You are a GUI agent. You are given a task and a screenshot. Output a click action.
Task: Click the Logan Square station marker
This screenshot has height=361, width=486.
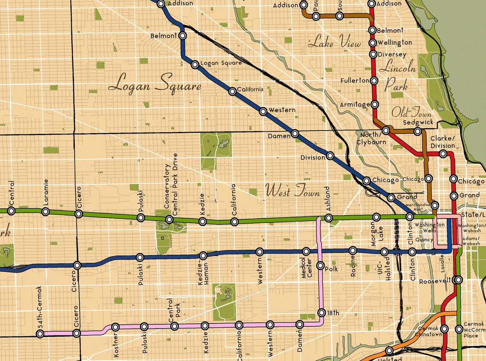[195, 65]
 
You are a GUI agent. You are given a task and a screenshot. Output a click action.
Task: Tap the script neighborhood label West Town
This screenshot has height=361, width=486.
[292, 191]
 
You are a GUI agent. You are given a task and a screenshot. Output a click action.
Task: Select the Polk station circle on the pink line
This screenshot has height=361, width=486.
[321, 265]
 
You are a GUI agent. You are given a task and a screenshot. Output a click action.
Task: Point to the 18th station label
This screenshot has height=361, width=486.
[333, 313]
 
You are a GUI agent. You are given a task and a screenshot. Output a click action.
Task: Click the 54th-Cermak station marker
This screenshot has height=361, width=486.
[40, 334]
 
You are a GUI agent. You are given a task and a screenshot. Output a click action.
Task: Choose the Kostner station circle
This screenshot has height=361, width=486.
[115, 327]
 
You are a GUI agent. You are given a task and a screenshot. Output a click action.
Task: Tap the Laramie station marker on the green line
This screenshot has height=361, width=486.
[46, 212]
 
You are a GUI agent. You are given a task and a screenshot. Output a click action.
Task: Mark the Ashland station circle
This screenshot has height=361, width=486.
[328, 218]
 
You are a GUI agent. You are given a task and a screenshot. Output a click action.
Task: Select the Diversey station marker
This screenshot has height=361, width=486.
[373, 54]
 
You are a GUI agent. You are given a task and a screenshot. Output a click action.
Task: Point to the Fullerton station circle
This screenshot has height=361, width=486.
[374, 80]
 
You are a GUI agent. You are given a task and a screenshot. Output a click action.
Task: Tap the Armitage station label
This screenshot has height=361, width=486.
[355, 105]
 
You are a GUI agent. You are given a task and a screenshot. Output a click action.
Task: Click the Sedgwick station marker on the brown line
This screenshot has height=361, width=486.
[418, 131]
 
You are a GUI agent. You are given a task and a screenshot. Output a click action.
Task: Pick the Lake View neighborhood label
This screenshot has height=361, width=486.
[334, 43]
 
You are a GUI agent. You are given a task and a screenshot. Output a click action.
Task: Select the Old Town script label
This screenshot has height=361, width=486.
[411, 113]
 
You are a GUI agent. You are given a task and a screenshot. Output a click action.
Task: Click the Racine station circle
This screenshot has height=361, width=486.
[353, 250]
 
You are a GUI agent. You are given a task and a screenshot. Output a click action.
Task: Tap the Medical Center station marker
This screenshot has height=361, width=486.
[306, 251]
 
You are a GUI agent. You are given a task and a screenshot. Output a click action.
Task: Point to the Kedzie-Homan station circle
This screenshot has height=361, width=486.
[203, 256]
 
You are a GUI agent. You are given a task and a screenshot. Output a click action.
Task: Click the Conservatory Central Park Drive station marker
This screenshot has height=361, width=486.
[169, 220]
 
